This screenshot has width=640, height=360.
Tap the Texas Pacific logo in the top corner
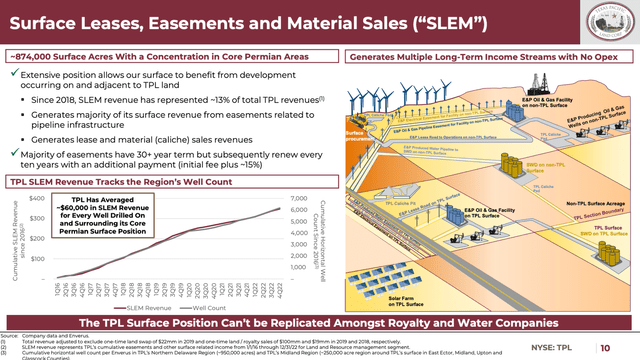(608, 20)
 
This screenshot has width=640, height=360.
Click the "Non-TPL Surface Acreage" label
(594, 203)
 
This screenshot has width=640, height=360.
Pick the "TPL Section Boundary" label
(600, 214)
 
